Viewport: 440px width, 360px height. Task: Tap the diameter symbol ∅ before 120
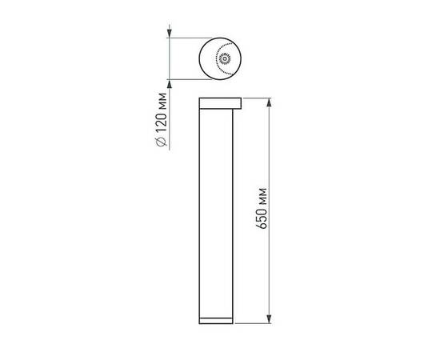click(162, 142)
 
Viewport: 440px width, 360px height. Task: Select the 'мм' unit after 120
click(162, 101)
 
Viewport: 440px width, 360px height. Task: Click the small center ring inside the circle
click(225, 58)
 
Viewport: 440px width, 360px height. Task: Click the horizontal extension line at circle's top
click(192, 38)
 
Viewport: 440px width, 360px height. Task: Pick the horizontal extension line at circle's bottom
click(192, 78)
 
